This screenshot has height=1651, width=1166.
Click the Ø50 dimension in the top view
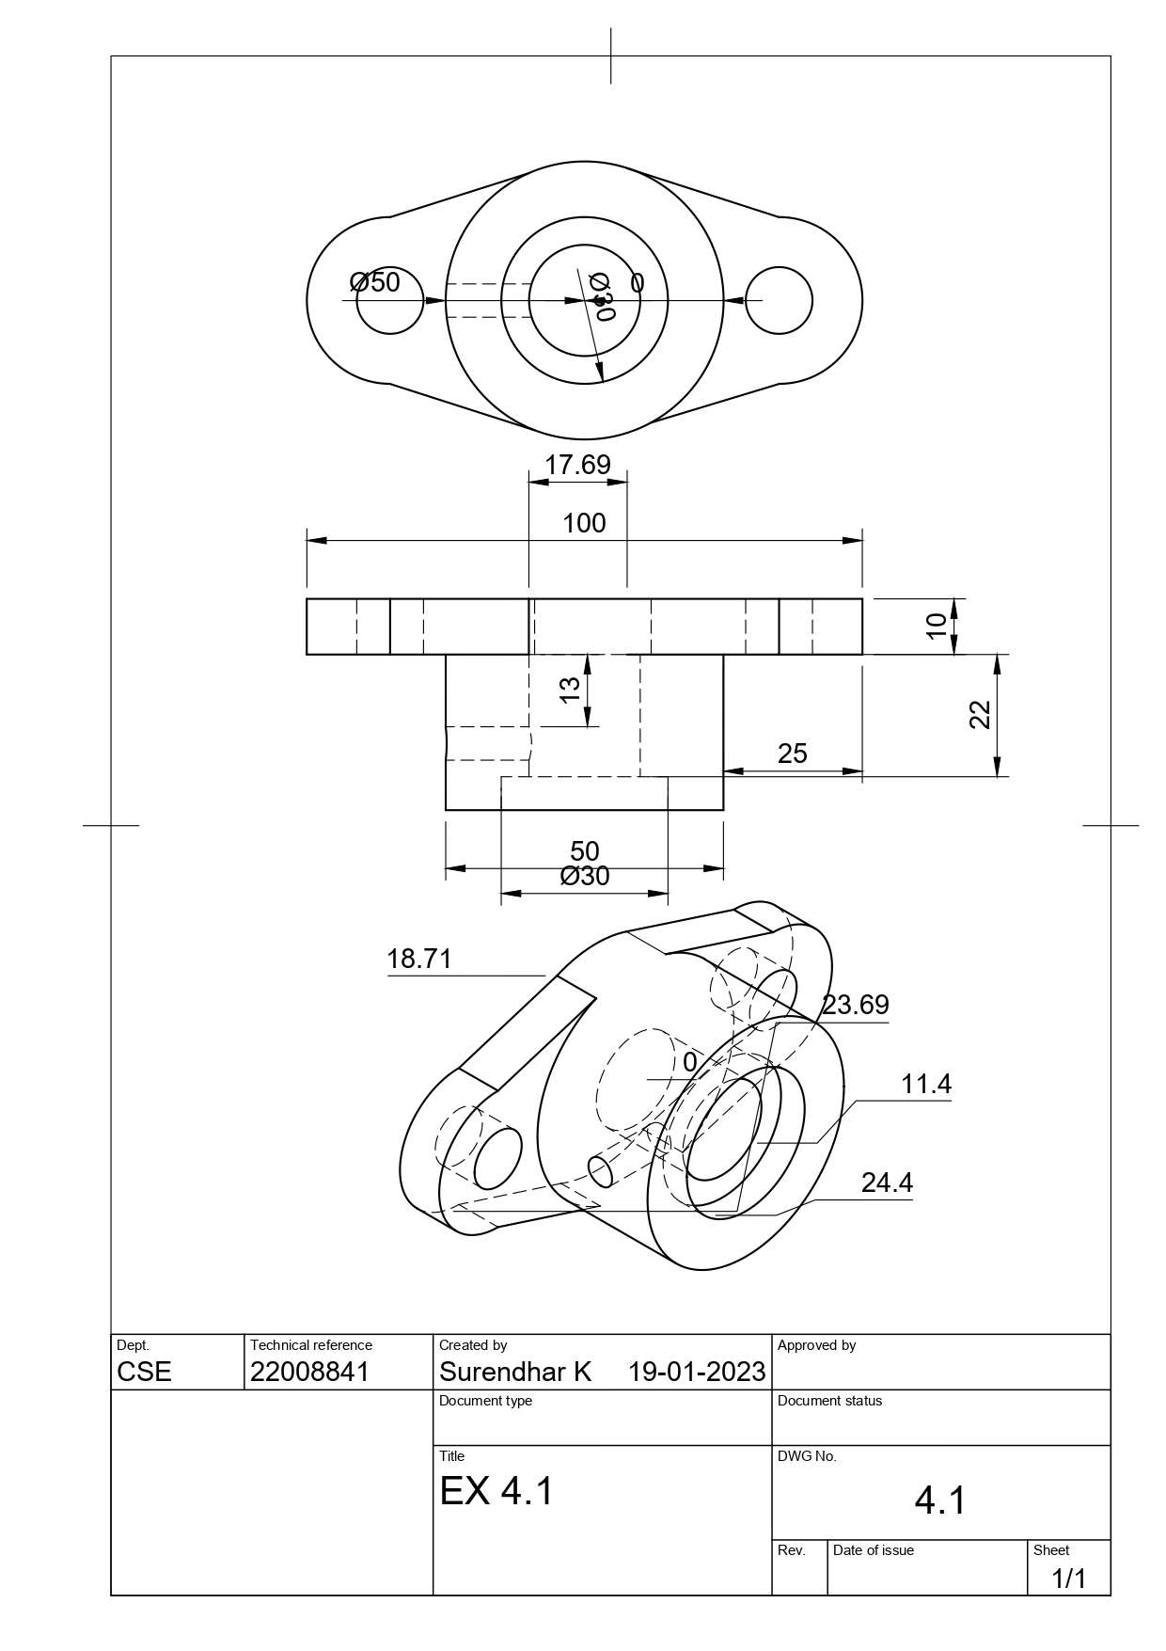pyautogui.click(x=374, y=282)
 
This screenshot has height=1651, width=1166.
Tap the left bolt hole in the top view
pyautogui.click(x=389, y=301)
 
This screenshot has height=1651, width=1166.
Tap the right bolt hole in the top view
pyautogui.click(x=779, y=301)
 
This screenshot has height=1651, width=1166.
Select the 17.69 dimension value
pyautogui.click(x=577, y=465)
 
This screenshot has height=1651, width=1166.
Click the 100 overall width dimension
pyautogui.click(x=584, y=524)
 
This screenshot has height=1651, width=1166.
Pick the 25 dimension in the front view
pyautogui.click(x=792, y=754)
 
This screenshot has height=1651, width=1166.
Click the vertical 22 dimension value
pyautogui.click(x=980, y=715)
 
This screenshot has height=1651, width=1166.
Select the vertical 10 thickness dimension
pyautogui.click(x=937, y=626)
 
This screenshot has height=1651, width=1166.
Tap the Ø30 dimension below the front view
pyautogui.click(x=585, y=877)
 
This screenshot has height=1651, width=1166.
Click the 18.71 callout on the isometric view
pyautogui.click(x=419, y=960)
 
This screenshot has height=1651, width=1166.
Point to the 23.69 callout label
pyautogui.click(x=855, y=1006)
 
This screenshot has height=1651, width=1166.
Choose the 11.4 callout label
pyautogui.click(x=926, y=1085)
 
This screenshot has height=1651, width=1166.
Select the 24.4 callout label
pyautogui.click(x=887, y=1183)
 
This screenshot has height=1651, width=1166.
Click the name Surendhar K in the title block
pyautogui.click(x=515, y=1372)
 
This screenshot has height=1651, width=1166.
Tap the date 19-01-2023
pyautogui.click(x=697, y=1372)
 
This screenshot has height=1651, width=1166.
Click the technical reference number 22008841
pyautogui.click(x=310, y=1372)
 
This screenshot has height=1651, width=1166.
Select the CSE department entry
pyautogui.click(x=145, y=1372)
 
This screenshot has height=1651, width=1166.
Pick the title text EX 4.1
pyautogui.click(x=496, y=1491)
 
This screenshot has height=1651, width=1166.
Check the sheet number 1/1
pyautogui.click(x=1068, y=1579)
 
